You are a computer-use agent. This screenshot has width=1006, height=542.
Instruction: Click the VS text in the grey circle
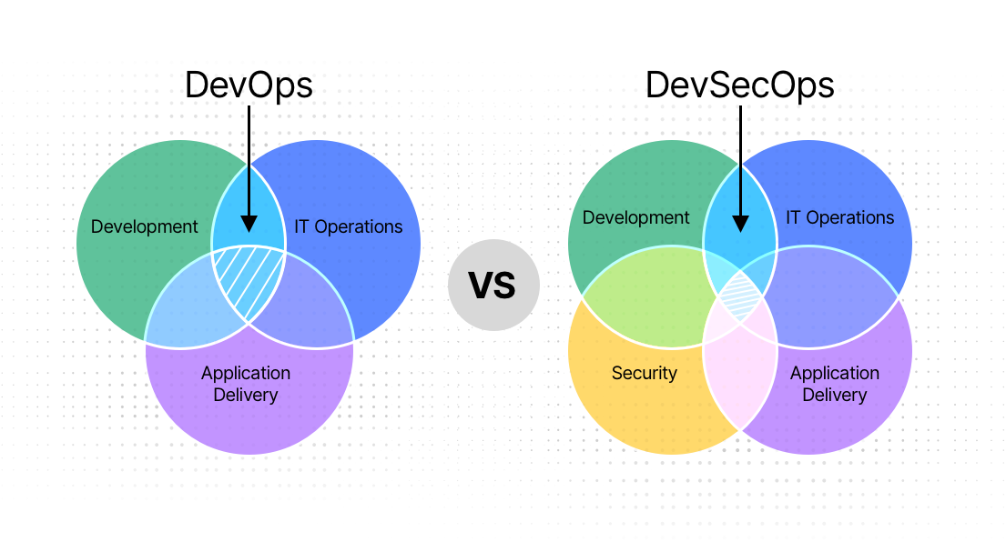tap(493, 286)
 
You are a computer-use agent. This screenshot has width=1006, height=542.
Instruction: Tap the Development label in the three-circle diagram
tap(144, 226)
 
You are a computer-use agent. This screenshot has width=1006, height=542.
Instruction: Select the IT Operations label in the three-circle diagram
tap(348, 226)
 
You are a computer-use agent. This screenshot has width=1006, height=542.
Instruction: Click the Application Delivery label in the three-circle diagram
tap(246, 384)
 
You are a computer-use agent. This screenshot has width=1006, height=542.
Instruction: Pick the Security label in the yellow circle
tap(645, 373)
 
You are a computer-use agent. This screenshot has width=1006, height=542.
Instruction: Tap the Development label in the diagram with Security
tap(635, 217)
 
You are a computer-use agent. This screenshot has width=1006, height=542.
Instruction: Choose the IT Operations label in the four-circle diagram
tap(839, 217)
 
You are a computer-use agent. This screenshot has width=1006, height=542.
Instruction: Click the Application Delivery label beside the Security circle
tap(834, 384)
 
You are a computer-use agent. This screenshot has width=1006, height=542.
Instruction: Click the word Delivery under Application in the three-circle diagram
tap(246, 395)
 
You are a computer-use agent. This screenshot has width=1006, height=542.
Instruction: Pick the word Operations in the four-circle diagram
tap(850, 217)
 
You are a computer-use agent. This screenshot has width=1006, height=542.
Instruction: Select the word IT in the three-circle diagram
tap(302, 226)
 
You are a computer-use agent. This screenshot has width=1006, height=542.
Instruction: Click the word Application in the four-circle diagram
tap(834, 373)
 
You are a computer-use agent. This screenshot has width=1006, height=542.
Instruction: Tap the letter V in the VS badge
tap(481, 286)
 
